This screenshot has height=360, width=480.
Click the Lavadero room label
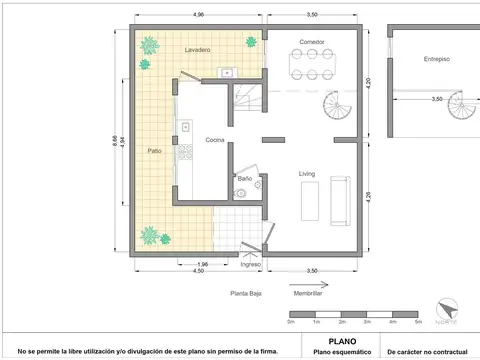pyautogui.click(x=198, y=49)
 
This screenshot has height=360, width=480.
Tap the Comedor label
pyautogui.click(x=312, y=41)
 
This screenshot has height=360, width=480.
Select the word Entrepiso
pyautogui.click(x=436, y=59)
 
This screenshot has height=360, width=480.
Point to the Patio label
pyautogui.click(x=155, y=150)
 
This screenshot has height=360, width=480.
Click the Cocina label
pyautogui.click(x=215, y=140)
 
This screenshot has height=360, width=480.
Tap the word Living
pyautogui.click(x=307, y=173)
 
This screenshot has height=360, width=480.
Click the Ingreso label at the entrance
pyautogui.click(x=250, y=264)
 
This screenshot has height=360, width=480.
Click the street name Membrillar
pyautogui.click(x=307, y=293)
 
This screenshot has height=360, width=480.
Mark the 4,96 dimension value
pyautogui.click(x=199, y=15)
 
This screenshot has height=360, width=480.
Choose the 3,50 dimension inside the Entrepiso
pyautogui.click(x=436, y=99)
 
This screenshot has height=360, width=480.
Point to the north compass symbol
pyautogui.click(x=451, y=309)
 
